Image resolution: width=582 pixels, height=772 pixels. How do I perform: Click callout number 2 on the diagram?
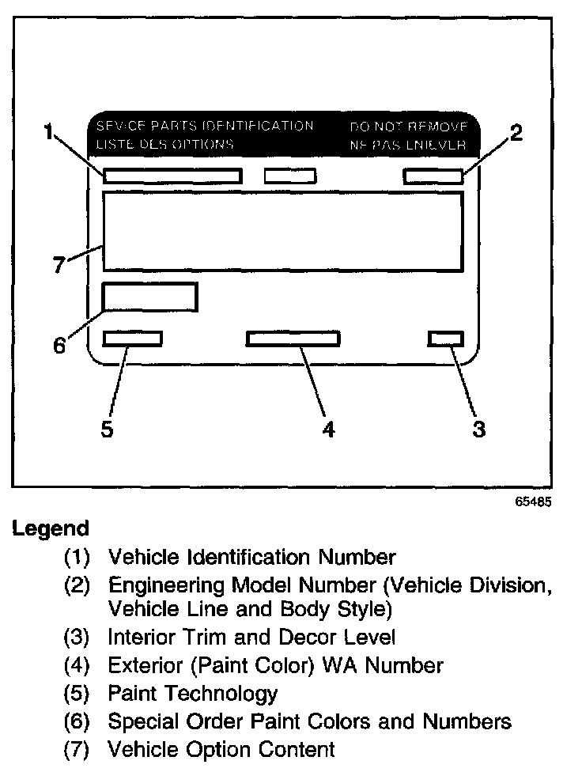(x=516, y=133)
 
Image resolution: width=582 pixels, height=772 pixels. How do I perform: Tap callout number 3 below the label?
(x=478, y=429)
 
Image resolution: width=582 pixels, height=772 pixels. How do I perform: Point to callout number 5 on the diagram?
(x=108, y=429)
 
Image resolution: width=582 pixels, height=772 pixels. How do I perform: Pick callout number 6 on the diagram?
(x=59, y=346)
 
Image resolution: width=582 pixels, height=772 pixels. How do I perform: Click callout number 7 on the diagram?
(x=59, y=265)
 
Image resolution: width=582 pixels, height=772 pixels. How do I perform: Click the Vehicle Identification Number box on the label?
(x=172, y=176)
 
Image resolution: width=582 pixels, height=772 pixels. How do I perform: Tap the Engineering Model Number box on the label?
(x=433, y=176)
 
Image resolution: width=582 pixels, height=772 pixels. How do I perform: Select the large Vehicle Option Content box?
(x=282, y=232)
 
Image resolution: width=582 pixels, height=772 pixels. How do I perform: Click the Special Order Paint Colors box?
(x=149, y=297)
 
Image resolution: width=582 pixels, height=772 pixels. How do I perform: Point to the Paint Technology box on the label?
(x=132, y=339)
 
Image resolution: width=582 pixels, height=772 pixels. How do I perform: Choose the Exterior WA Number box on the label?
(x=293, y=339)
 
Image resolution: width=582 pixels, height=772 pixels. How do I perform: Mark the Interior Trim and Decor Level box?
(x=445, y=339)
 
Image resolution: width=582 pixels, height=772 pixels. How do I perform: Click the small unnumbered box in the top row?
(x=289, y=176)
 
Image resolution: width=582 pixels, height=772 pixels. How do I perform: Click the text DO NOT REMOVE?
(x=408, y=127)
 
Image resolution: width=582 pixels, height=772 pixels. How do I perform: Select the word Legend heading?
(x=50, y=528)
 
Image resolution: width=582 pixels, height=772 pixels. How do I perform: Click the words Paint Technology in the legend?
(x=192, y=694)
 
